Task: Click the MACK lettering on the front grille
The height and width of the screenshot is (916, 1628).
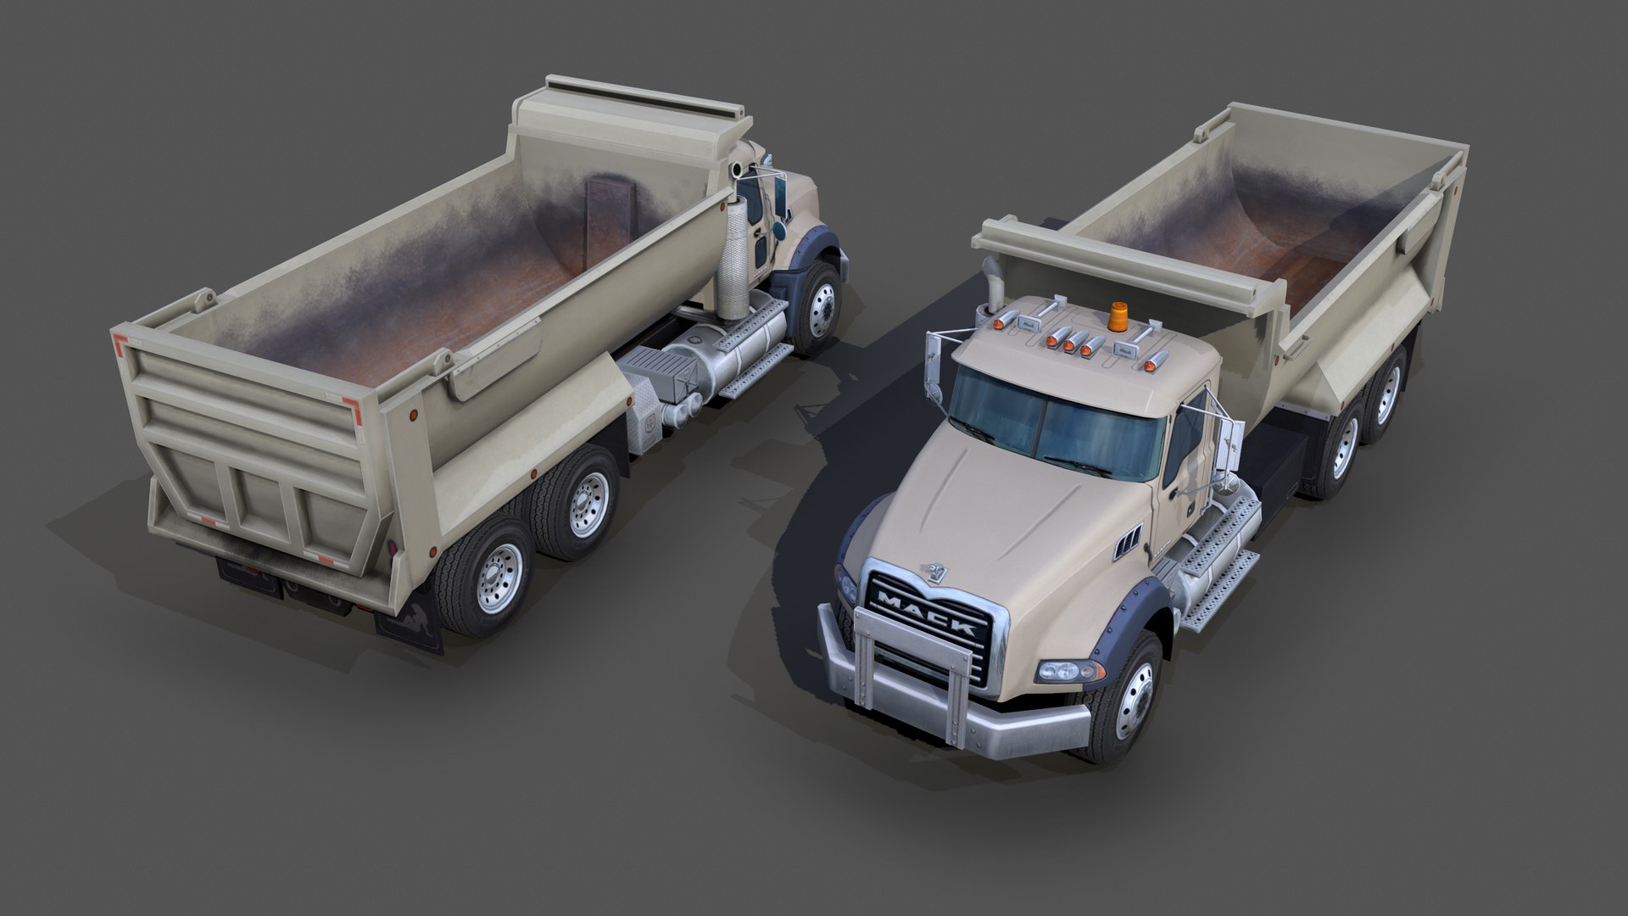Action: pyautogui.click(x=926, y=613)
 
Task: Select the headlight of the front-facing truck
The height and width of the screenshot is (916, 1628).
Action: pyautogui.click(x=1070, y=670)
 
